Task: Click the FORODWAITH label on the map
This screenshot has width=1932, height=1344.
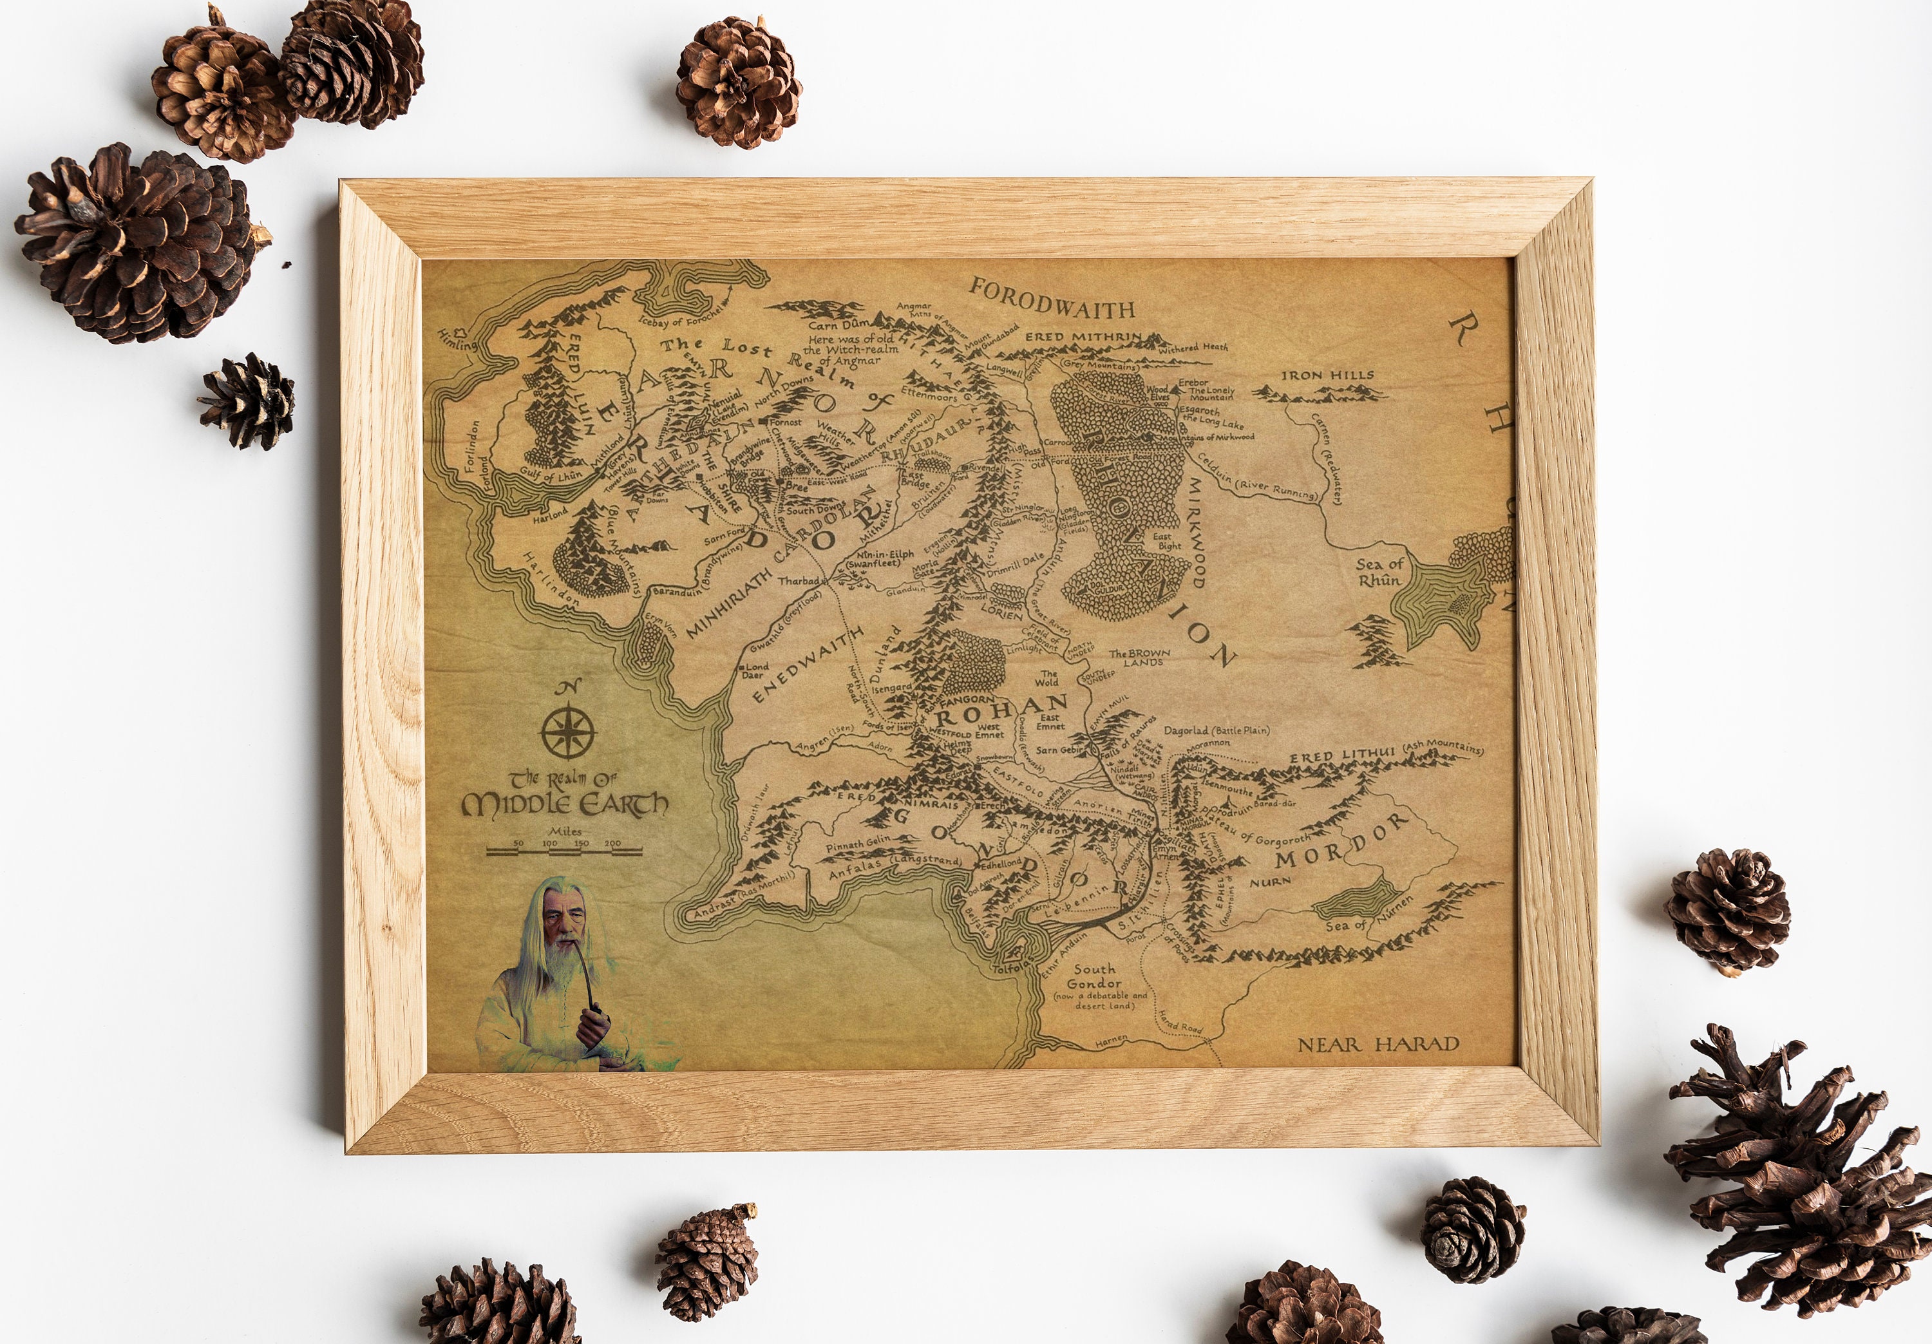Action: coord(1052,299)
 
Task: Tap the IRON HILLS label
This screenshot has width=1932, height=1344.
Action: coord(1327,375)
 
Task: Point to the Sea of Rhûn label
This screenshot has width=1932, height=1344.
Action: coord(1379,573)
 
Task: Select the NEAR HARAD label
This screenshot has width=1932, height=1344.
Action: coord(1378,1045)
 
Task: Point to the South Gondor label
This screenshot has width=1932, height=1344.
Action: coord(1094,976)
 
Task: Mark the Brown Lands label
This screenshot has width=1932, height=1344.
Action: coord(1140,658)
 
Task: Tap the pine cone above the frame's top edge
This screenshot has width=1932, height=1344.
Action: coord(738,82)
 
